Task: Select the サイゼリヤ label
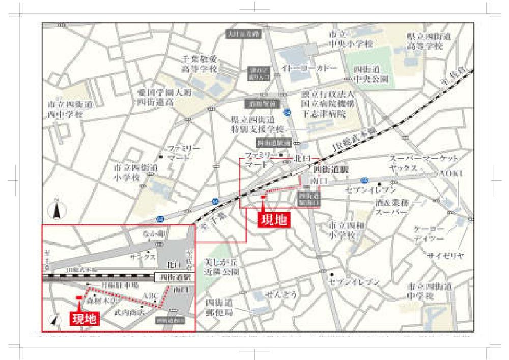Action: [445, 255]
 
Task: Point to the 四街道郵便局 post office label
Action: [219, 307]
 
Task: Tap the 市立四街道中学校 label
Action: [426, 291]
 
